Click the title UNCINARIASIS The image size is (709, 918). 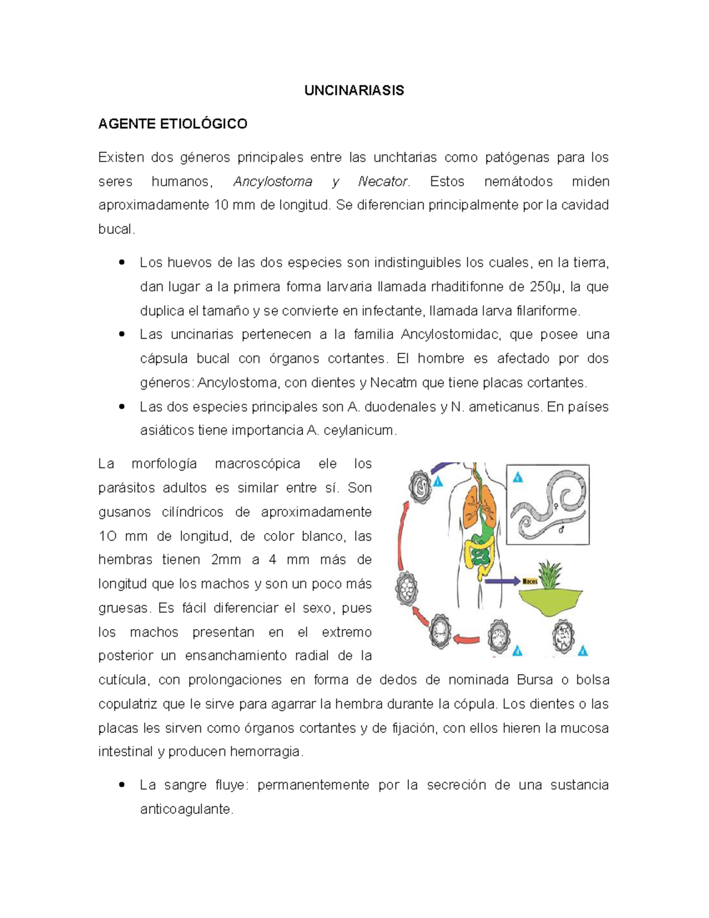354,90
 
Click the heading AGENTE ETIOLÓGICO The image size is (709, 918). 173,124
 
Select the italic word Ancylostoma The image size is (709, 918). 272,181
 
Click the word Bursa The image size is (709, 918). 535,680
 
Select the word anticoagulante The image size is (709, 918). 187,809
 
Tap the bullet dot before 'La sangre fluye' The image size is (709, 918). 122,785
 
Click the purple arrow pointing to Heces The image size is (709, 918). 502,581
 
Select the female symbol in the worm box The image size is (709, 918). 556,507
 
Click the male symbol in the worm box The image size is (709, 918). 561,529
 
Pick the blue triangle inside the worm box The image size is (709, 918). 518,477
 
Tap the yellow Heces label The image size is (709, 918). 530,581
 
